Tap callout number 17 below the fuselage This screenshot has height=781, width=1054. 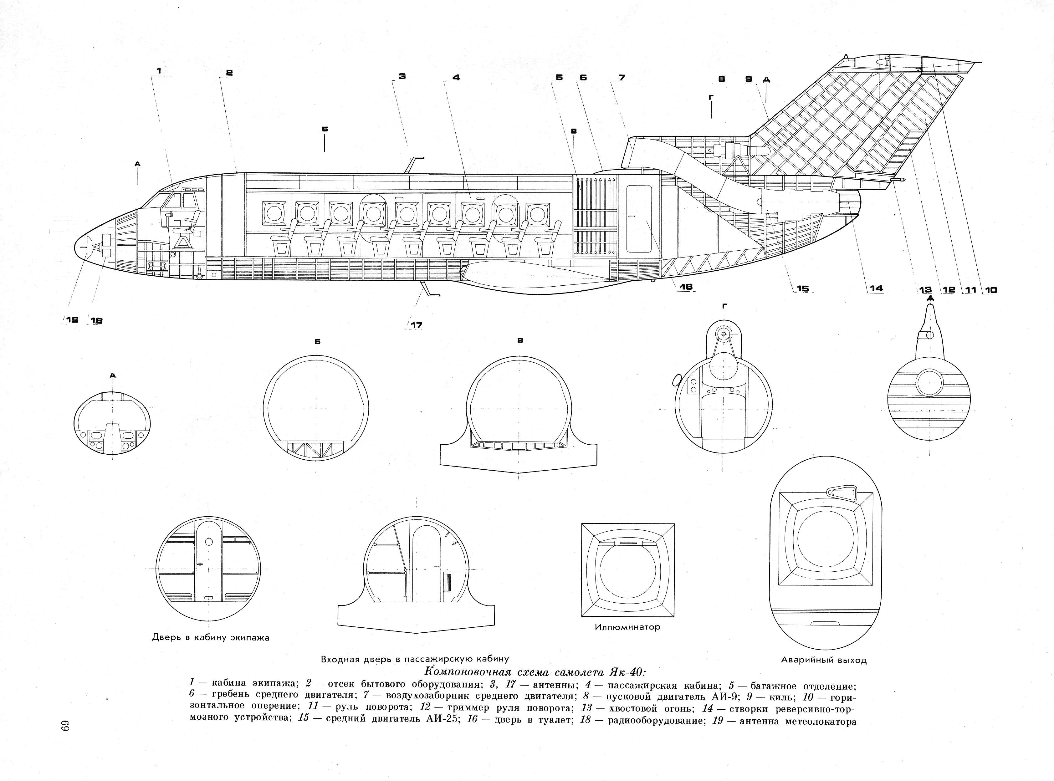[x=416, y=325]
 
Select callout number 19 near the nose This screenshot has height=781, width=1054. [x=72, y=320]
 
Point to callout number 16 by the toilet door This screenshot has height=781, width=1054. [x=686, y=287]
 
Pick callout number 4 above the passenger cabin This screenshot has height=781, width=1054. [x=456, y=78]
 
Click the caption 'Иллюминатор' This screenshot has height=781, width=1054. [x=627, y=627]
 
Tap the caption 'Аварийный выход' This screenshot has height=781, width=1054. [x=823, y=660]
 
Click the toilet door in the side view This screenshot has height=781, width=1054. [x=638, y=218]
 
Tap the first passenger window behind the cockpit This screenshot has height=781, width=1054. [x=273, y=213]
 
